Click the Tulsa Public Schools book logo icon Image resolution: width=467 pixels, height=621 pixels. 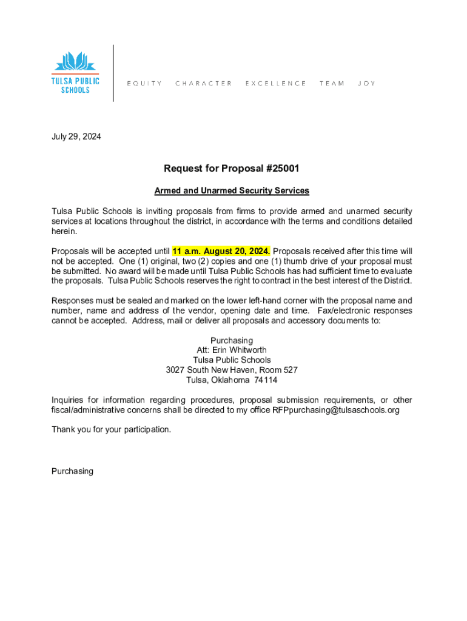tap(75, 62)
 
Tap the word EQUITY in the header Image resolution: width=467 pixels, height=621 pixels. tap(144, 84)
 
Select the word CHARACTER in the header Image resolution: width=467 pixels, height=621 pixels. tap(203, 84)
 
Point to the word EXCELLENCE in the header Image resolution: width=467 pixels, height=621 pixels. tap(275, 84)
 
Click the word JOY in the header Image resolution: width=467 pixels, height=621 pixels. tap(366, 84)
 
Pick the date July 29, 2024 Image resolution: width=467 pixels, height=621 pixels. tap(76, 136)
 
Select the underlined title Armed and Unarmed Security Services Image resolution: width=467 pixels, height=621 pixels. tap(232, 191)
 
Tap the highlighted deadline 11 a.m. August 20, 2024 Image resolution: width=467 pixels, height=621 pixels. tap(221, 251)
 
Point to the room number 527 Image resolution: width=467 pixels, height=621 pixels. tap(288, 370)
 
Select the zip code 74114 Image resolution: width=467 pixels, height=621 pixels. tap(266, 380)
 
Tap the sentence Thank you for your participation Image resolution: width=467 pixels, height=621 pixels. tap(112, 429)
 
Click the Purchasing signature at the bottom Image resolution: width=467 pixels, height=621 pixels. tap(72, 471)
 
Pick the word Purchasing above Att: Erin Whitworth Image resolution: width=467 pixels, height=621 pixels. tap(232, 340)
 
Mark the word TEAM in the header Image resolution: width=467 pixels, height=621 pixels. tap(332, 84)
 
